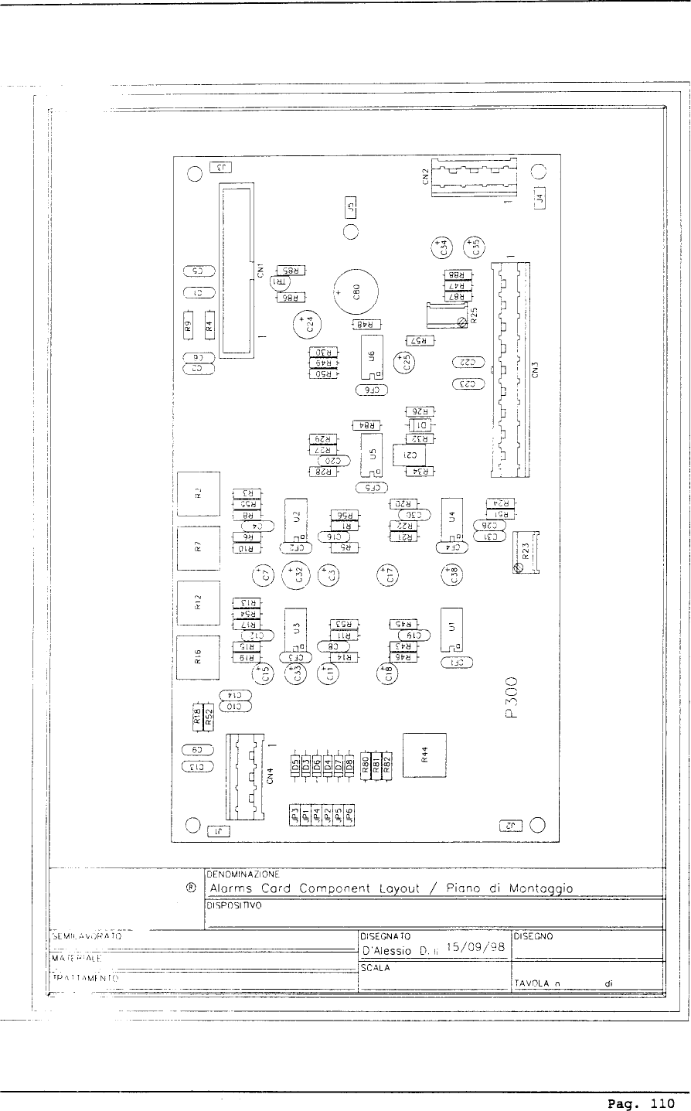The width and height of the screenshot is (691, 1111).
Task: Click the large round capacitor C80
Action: pos(356,292)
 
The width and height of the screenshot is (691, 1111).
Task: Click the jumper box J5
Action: pos(351,206)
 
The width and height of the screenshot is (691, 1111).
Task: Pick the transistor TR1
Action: pos(278,282)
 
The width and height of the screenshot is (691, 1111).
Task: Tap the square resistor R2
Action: pos(199,492)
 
